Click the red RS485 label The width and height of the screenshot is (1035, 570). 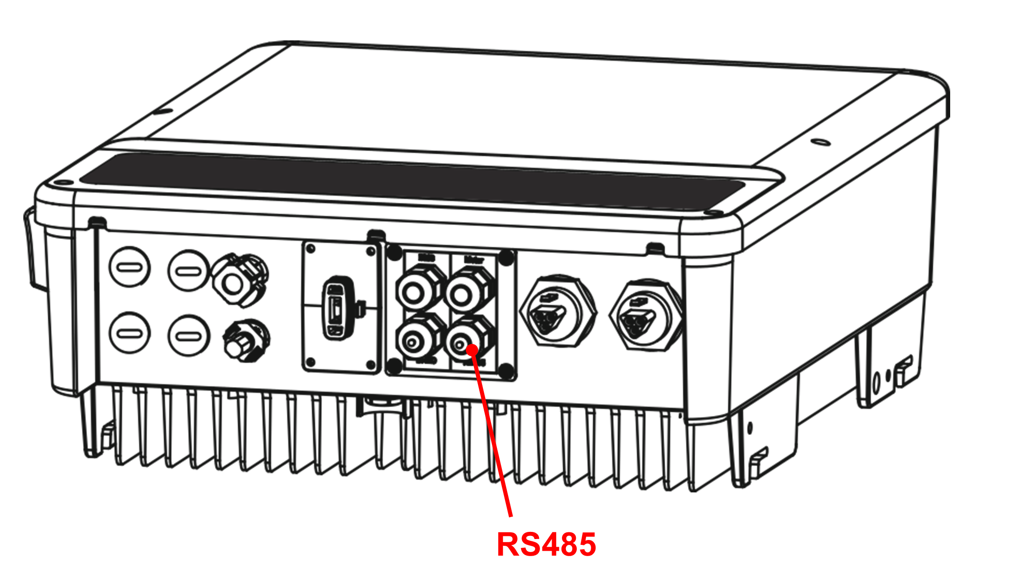pyautogui.click(x=546, y=544)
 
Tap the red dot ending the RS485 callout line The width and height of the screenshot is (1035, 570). pyautogui.click(x=472, y=349)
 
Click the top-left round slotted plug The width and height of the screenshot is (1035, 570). pyautogui.click(x=130, y=267)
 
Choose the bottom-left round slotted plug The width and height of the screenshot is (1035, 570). pyautogui.click(x=130, y=333)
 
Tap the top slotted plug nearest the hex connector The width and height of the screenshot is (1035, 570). pyautogui.click(x=189, y=271)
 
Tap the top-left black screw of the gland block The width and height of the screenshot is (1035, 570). pyautogui.click(x=394, y=252)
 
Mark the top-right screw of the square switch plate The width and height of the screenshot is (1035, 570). pyautogui.click(x=371, y=252)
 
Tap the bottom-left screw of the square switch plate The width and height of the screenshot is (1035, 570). pyautogui.click(x=310, y=362)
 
